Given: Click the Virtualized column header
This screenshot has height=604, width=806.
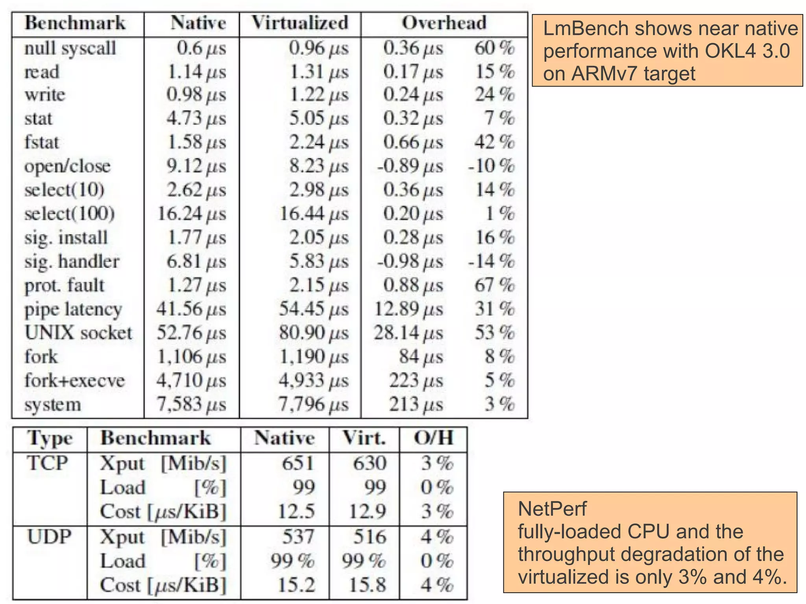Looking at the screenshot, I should (x=300, y=23).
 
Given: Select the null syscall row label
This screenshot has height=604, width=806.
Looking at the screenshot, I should (x=70, y=48).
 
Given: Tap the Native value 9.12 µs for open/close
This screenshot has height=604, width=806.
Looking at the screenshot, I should (x=196, y=166).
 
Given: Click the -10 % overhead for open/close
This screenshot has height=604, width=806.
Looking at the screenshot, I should (x=491, y=166).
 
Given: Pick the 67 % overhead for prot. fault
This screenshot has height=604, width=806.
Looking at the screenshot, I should (x=494, y=285).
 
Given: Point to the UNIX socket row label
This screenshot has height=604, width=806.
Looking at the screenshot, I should (x=78, y=333).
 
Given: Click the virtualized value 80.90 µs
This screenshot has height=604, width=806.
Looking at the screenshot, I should (x=314, y=333).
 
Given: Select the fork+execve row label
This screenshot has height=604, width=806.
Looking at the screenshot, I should (x=74, y=381).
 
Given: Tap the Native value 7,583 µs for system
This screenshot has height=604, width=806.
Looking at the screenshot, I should (x=191, y=404).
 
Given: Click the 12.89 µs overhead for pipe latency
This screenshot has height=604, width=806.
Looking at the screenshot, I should (x=408, y=309).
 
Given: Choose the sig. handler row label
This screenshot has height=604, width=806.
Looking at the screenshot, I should (x=72, y=262).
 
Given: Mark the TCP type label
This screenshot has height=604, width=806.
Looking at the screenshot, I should (x=47, y=463).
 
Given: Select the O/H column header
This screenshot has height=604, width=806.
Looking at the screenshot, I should (x=433, y=438).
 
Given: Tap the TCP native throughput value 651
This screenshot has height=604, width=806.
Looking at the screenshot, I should (x=298, y=463).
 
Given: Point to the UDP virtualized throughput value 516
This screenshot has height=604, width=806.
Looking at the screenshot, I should (x=370, y=537).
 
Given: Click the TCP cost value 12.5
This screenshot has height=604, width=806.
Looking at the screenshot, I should (x=296, y=512).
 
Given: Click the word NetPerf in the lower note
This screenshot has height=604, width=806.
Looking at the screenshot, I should (x=552, y=509).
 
